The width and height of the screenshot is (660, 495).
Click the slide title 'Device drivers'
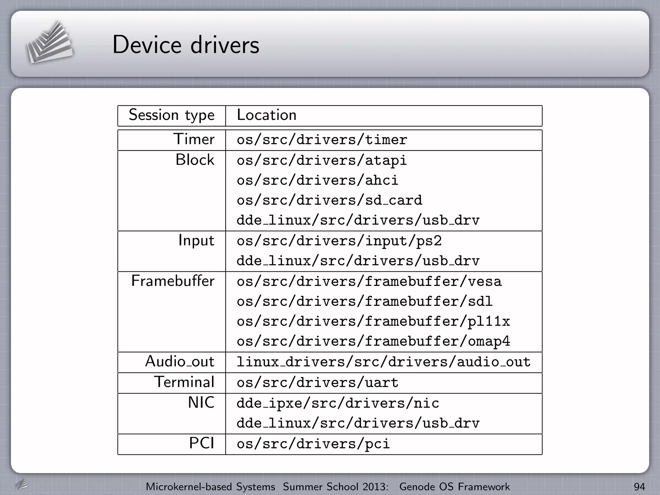pyautogui.click(x=186, y=44)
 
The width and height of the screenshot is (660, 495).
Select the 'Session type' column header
pyautogui.click(x=171, y=115)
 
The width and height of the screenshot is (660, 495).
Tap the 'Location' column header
pyautogui.click(x=267, y=115)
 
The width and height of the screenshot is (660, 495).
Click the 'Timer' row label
pyautogui.click(x=194, y=139)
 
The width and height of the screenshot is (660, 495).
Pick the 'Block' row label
pyautogui.click(x=195, y=160)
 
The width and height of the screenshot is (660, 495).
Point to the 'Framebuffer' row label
pyautogui.click(x=173, y=281)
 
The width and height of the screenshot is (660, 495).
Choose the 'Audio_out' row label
pyautogui.click(x=180, y=362)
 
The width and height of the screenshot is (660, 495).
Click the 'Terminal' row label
pyautogui.click(x=184, y=382)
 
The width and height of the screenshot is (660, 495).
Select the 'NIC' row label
pyautogui.click(x=201, y=403)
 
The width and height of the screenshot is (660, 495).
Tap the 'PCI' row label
pyautogui.click(x=201, y=443)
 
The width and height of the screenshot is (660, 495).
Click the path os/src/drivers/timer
pyautogui.click(x=322, y=140)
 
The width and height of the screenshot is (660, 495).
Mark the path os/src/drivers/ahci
pyautogui.click(x=317, y=180)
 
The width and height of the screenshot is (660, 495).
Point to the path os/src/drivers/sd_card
pyautogui.click(x=329, y=200)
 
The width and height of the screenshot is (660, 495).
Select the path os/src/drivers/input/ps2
pyautogui.click(x=339, y=241)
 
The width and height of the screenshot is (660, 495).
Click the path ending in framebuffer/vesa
pyautogui.click(x=369, y=282)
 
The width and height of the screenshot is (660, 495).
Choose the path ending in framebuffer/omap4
pyautogui.click(x=373, y=342)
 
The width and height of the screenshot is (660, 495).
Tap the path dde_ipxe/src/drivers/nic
pyautogui.click(x=338, y=403)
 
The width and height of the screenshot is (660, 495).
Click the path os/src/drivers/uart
pyautogui.click(x=317, y=383)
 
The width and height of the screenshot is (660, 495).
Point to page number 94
pyautogui.click(x=639, y=487)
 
